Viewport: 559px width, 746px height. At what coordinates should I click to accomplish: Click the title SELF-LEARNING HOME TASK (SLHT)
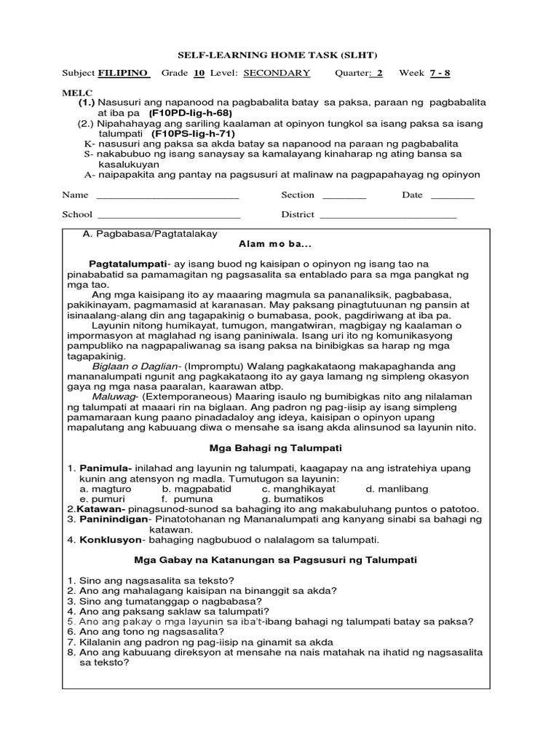point(279,55)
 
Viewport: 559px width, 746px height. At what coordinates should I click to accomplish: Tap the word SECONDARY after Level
point(277,73)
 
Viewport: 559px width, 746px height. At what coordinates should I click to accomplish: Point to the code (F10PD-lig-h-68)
point(191,114)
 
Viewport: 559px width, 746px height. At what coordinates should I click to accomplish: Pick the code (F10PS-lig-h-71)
point(194,134)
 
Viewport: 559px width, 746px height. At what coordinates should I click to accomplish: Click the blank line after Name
point(167,196)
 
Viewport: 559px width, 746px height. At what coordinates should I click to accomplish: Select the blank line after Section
point(344,196)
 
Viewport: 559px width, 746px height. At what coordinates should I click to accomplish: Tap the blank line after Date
point(452,196)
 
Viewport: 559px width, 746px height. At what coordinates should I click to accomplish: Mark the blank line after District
point(388,216)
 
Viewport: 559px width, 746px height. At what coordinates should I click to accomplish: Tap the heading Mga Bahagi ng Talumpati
point(276,447)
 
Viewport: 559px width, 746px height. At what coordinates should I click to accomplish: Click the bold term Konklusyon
point(109,540)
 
